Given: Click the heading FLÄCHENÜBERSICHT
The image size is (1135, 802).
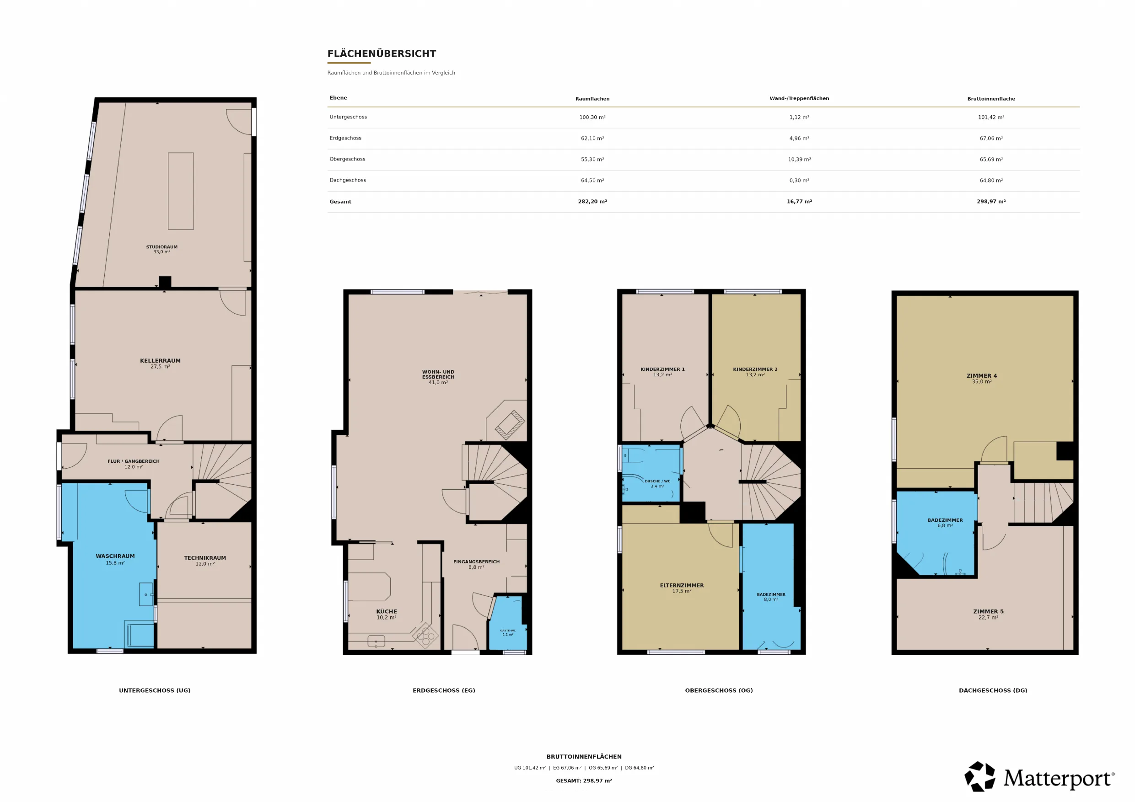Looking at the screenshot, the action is click(x=382, y=54).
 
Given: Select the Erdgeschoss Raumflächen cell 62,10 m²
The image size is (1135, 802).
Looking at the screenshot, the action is click(x=592, y=139).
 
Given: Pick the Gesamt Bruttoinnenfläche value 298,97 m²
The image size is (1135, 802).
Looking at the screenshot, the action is click(x=991, y=202).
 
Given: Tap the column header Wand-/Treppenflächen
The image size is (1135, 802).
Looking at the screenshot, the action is click(x=799, y=98).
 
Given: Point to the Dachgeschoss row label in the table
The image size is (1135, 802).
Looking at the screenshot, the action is click(x=348, y=180).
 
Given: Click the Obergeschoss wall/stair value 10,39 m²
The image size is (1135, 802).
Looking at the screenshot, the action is click(x=799, y=160).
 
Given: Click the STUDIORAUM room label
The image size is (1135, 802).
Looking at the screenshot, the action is click(x=161, y=247).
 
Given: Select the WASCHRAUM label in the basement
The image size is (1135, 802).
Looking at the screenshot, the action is click(x=115, y=556).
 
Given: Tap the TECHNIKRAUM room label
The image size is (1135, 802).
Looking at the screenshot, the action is click(x=205, y=558).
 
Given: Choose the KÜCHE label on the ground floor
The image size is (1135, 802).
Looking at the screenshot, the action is click(x=387, y=612).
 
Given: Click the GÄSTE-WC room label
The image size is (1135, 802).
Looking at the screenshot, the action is click(x=508, y=631).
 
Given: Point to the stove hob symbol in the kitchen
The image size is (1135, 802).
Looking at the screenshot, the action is click(x=425, y=636).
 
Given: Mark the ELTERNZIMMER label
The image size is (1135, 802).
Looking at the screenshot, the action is click(x=682, y=586).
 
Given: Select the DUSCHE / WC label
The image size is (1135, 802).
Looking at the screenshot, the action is click(x=657, y=481).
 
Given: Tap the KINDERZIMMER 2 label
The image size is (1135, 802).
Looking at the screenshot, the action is click(x=755, y=369).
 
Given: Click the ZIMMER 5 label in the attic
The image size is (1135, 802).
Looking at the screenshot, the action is click(x=989, y=612).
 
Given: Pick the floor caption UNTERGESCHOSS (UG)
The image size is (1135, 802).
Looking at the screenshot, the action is click(x=155, y=691).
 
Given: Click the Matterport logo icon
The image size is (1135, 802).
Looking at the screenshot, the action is click(x=980, y=777).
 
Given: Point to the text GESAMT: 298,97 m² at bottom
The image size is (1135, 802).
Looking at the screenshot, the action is click(x=584, y=781).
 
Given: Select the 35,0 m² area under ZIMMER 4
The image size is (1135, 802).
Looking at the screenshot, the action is click(x=982, y=382).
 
